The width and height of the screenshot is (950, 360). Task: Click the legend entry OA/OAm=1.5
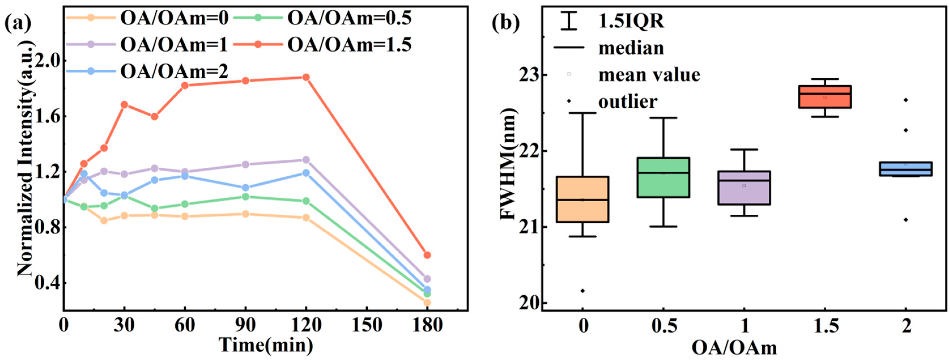tap(348, 45)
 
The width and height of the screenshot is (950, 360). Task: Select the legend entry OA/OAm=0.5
tap(348, 18)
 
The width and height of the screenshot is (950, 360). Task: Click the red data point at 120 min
tap(306, 77)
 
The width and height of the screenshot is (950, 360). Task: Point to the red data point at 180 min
tap(427, 255)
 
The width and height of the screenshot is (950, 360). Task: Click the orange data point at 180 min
tap(427, 303)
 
